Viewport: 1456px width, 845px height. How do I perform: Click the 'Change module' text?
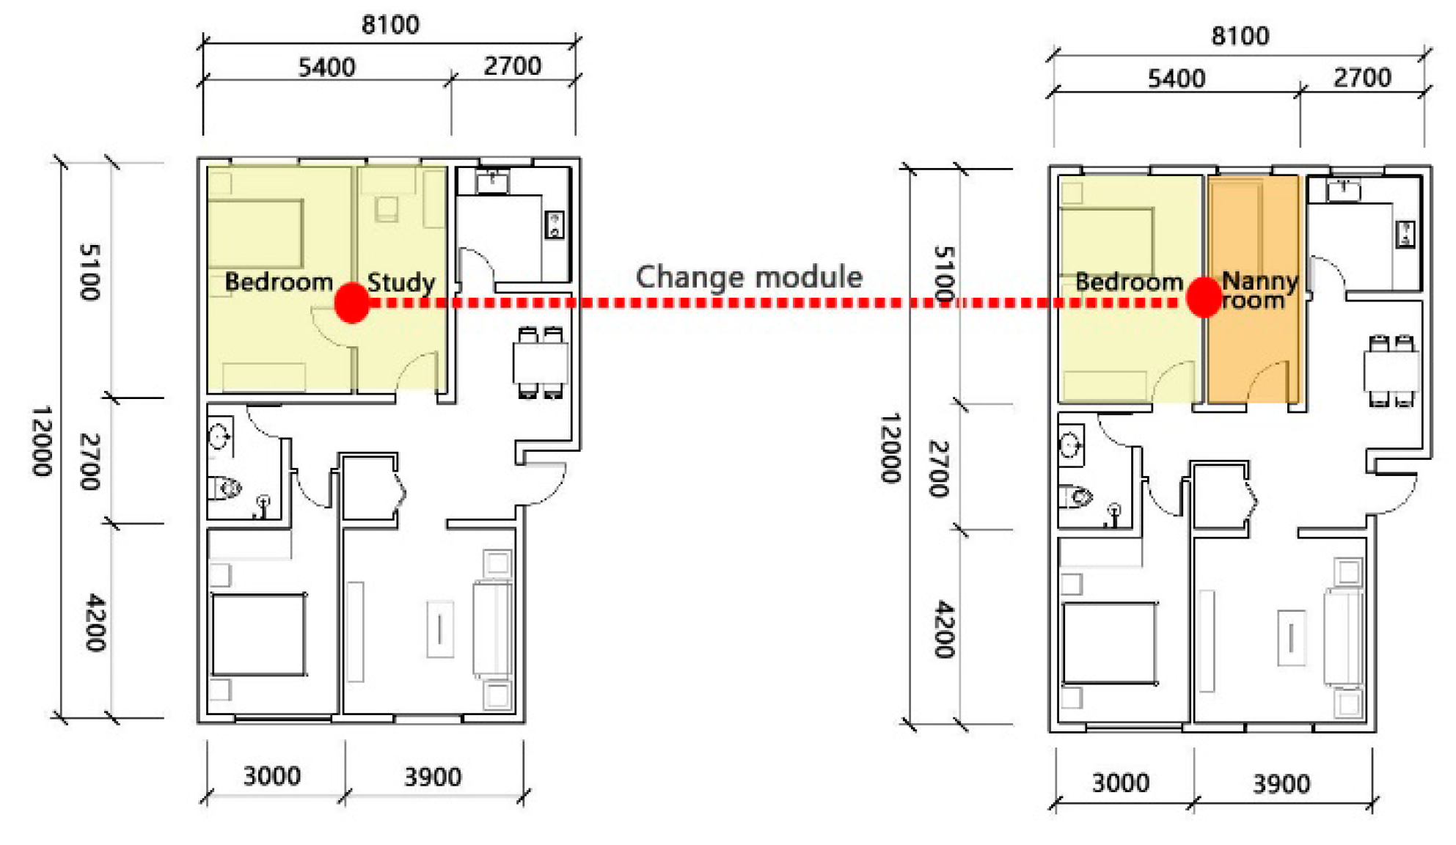(749, 277)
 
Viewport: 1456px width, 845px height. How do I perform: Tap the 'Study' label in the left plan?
(400, 282)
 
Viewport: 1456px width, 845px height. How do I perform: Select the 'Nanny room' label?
(1259, 291)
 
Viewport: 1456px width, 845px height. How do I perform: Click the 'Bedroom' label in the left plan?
(279, 282)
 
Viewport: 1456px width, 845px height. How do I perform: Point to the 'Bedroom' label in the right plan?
(1129, 282)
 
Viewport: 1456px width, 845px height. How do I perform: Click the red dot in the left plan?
(352, 302)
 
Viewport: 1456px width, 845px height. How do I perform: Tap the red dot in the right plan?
(1204, 297)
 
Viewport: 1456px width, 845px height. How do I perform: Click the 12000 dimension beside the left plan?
(43, 441)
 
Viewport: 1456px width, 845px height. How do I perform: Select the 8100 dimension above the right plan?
(1240, 36)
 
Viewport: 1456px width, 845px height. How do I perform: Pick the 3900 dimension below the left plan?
(433, 777)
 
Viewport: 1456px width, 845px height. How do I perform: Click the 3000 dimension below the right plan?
(1121, 783)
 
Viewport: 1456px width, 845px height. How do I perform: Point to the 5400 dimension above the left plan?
(327, 67)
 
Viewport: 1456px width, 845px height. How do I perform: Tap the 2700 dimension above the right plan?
(1362, 78)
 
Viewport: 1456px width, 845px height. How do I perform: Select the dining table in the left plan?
(541, 362)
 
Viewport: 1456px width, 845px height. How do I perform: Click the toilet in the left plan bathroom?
(225, 488)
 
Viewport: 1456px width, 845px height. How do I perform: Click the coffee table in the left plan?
(440, 629)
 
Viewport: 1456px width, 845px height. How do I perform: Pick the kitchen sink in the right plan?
(1344, 190)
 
